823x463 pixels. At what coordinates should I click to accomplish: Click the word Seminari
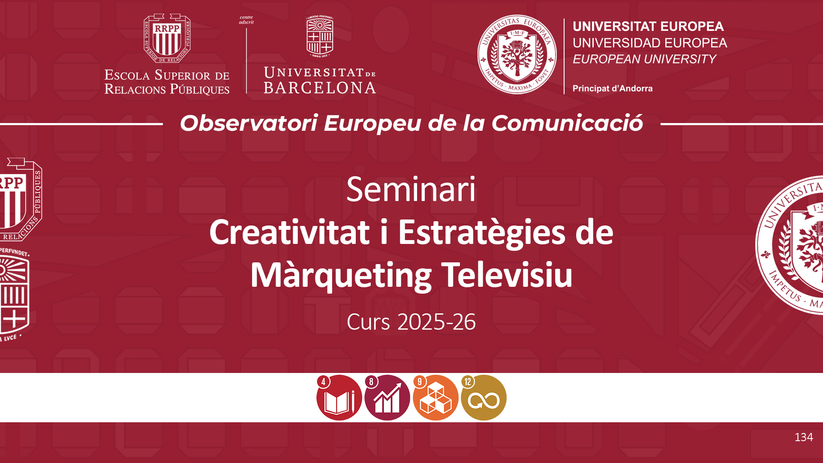pyautogui.click(x=411, y=189)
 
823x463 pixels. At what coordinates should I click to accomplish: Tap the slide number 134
pyautogui.click(x=804, y=437)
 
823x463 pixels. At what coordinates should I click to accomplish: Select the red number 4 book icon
pyautogui.click(x=339, y=397)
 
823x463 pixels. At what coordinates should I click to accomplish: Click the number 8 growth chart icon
pyautogui.click(x=387, y=397)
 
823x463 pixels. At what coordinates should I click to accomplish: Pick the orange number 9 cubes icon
pyautogui.click(x=436, y=397)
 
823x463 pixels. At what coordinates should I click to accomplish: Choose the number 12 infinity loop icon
pyautogui.click(x=484, y=397)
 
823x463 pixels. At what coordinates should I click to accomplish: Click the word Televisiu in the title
pyautogui.click(x=507, y=275)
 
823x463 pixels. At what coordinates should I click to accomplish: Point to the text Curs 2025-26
pyautogui.click(x=411, y=322)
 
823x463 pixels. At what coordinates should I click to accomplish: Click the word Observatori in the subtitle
pyautogui.click(x=249, y=123)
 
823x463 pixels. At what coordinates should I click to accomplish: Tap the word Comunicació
pyautogui.click(x=567, y=123)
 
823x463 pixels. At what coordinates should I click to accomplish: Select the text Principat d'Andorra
pyautogui.click(x=613, y=89)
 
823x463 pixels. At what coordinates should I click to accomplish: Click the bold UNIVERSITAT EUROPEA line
pyautogui.click(x=648, y=27)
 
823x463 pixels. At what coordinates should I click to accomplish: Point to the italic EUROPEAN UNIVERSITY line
pyautogui.click(x=644, y=59)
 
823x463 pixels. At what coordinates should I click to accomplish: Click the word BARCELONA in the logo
pyautogui.click(x=320, y=88)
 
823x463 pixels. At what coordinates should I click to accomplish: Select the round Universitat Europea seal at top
pyautogui.click(x=517, y=54)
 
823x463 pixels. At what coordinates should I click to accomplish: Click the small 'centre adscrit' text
pyautogui.click(x=246, y=20)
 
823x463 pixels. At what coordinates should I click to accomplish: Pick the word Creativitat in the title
pyautogui.click(x=290, y=232)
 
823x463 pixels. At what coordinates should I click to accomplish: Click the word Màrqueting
pyautogui.click(x=341, y=276)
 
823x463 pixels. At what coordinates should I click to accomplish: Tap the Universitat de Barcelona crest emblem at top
pyautogui.click(x=320, y=36)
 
